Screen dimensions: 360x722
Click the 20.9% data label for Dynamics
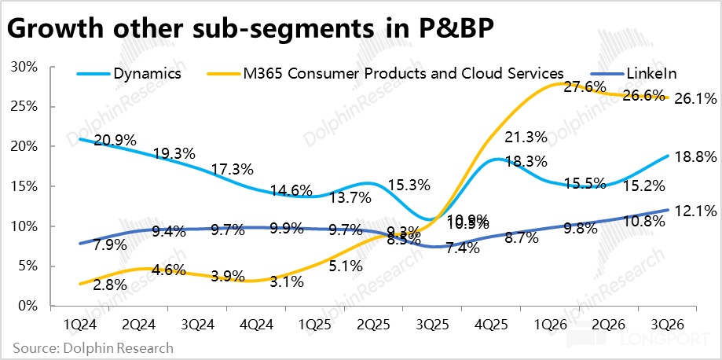point(115,140)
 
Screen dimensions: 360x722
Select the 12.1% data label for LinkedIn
point(695,211)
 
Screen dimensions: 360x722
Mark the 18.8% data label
point(695,157)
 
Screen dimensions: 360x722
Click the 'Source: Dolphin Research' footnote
point(93,347)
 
